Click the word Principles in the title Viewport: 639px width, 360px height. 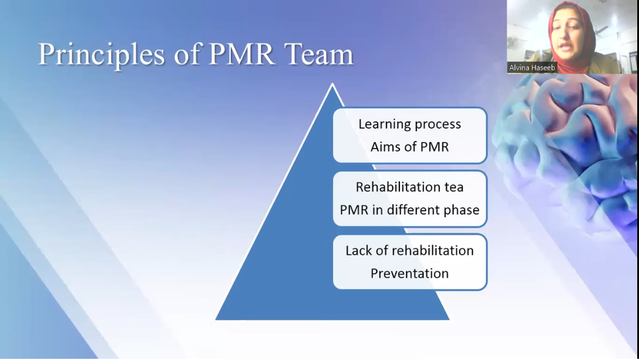point(102,55)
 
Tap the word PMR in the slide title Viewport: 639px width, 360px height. point(241,53)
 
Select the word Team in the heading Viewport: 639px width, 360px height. point(319,53)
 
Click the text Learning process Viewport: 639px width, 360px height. point(409,124)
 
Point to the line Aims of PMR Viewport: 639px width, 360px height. point(409,147)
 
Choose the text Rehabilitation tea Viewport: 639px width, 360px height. point(409,187)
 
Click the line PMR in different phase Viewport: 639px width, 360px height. point(409,210)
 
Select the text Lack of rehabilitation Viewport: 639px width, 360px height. point(409,250)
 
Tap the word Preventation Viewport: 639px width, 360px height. point(409,273)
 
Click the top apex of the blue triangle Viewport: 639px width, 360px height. point(332,83)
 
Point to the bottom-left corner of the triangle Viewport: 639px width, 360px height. point(216,319)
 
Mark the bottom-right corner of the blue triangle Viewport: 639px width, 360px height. point(449,319)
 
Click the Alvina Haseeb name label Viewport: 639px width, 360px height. point(532,68)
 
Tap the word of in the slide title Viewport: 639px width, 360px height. point(187,55)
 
